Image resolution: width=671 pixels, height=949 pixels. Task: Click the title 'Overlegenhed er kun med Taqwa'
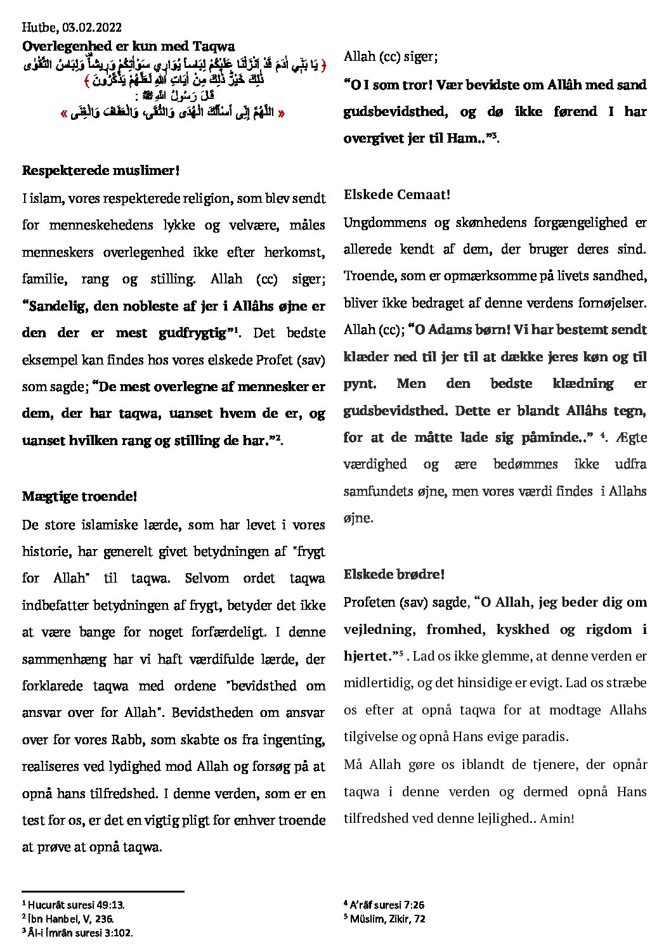point(128,46)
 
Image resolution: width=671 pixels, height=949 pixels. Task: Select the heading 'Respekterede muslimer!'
point(100,171)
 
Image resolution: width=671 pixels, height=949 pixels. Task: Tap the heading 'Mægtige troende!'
point(79,496)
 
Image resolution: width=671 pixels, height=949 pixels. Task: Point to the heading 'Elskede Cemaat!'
point(396,195)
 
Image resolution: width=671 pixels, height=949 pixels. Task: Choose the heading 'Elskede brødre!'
point(394,574)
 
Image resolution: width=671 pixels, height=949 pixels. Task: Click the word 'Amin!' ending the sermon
point(556,818)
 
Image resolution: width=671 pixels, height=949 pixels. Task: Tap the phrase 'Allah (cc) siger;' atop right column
point(390,56)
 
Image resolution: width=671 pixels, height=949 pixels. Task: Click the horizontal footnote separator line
point(103,891)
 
